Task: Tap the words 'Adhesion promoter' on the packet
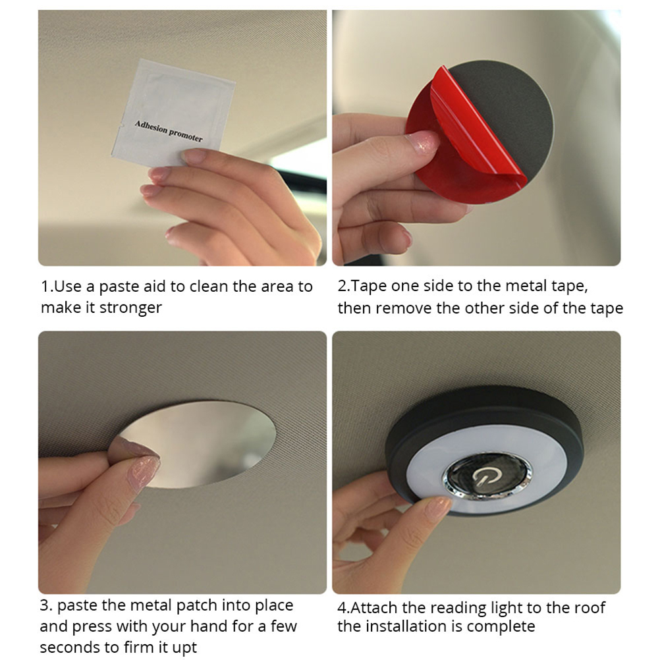(x=169, y=131)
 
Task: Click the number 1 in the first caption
(x=45, y=287)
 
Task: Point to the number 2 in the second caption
(x=343, y=287)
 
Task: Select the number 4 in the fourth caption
(x=343, y=608)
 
